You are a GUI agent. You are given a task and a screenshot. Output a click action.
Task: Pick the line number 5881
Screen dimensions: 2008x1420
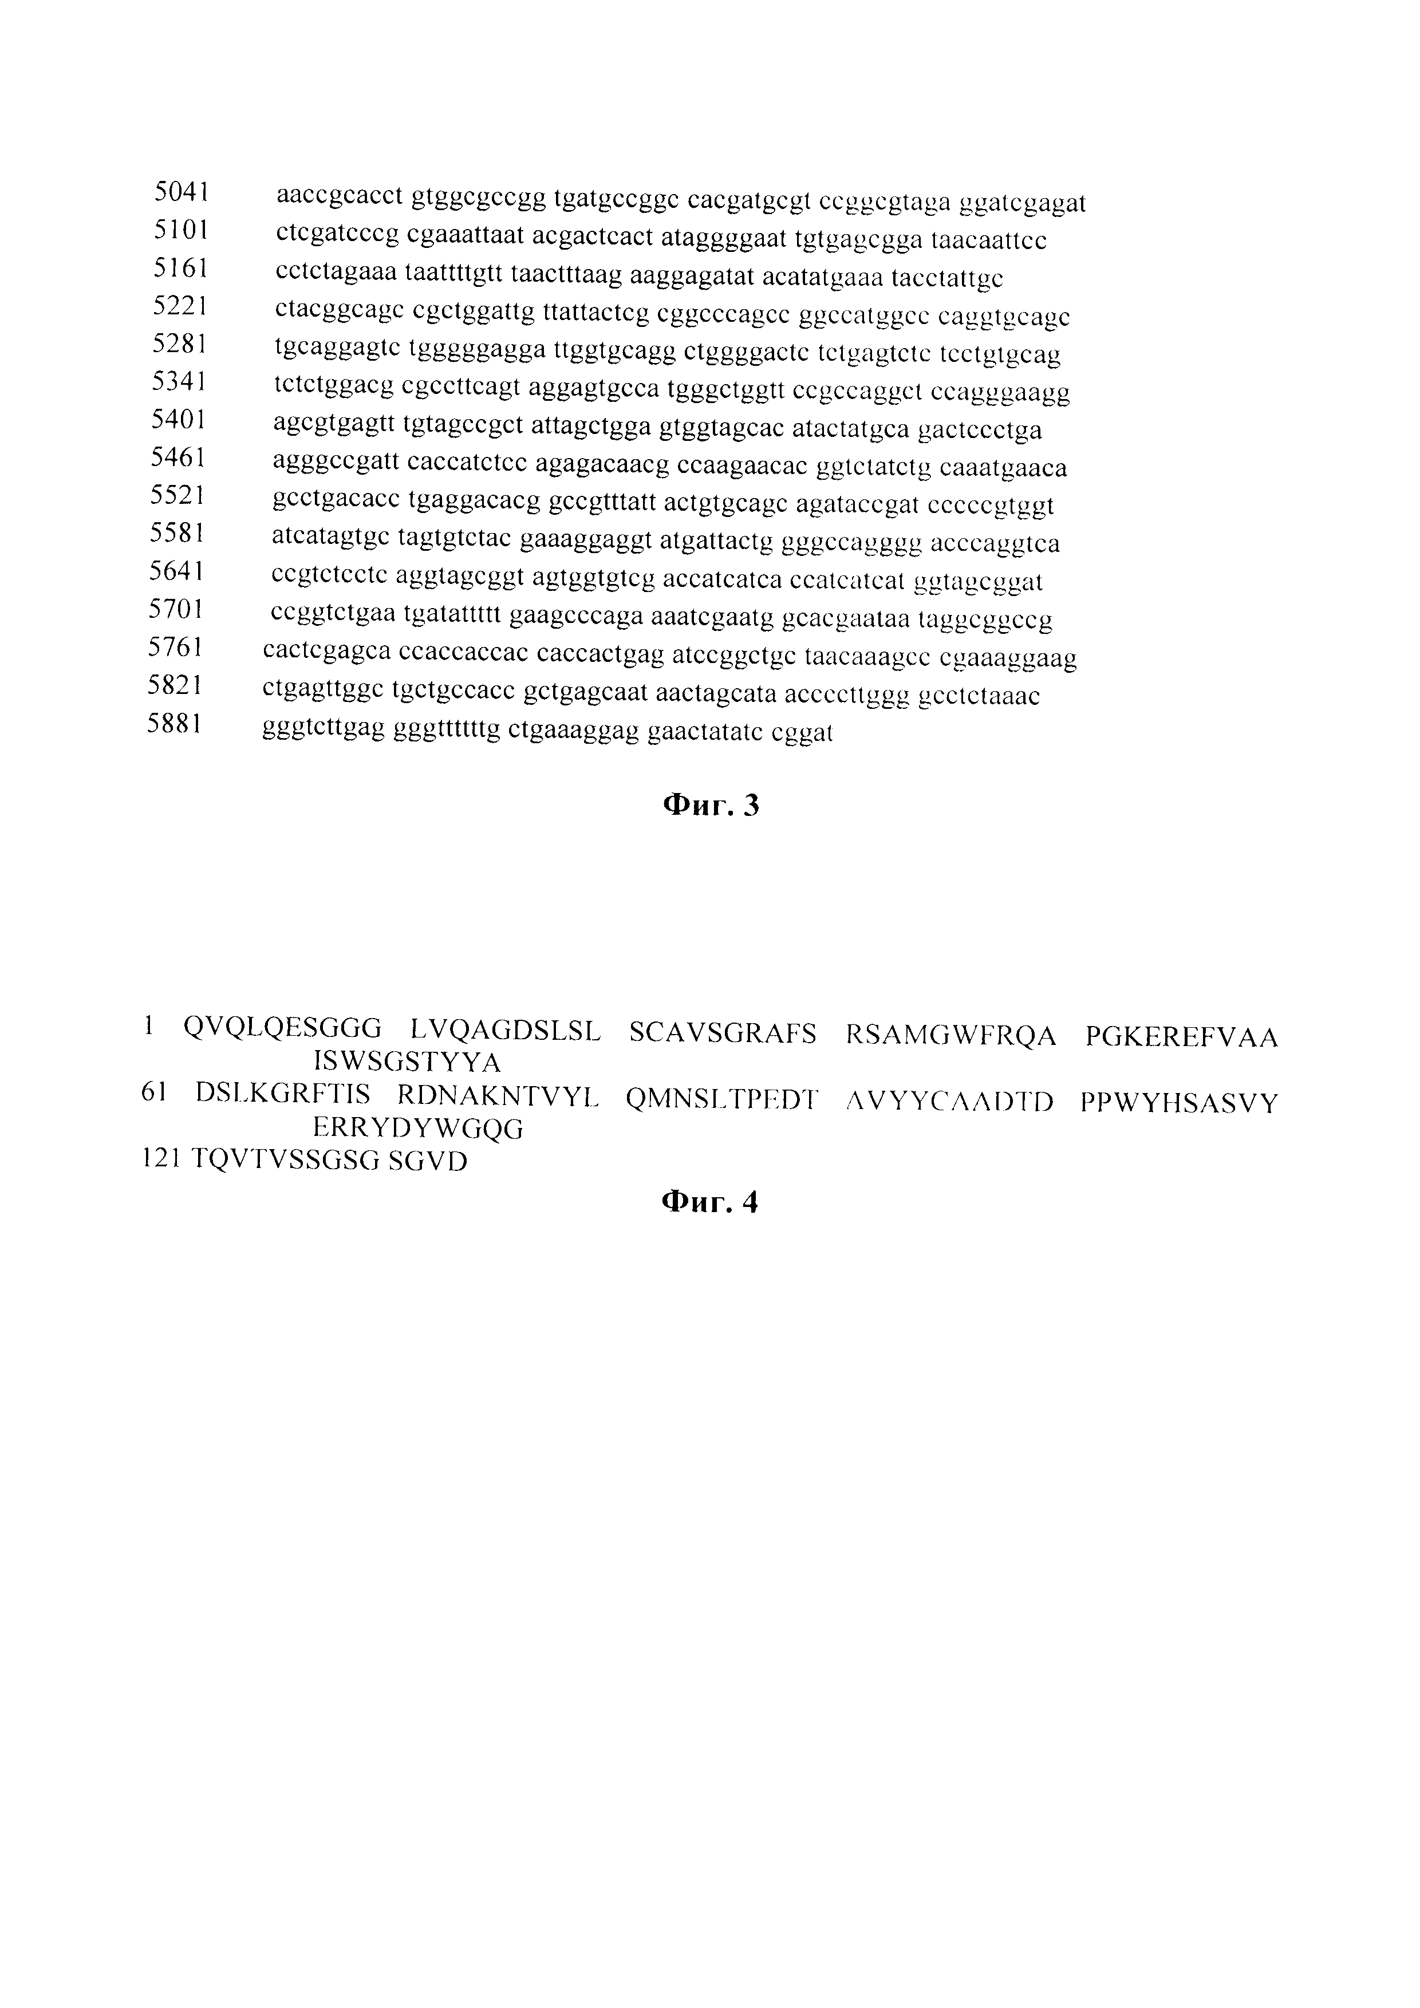coord(174,724)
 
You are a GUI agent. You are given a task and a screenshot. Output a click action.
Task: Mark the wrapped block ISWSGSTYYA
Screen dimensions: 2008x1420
coord(407,1063)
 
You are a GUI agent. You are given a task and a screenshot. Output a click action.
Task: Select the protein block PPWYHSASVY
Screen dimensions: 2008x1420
coord(1179,1103)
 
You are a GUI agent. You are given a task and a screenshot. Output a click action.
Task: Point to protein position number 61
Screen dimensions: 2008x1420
coord(154,1092)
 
